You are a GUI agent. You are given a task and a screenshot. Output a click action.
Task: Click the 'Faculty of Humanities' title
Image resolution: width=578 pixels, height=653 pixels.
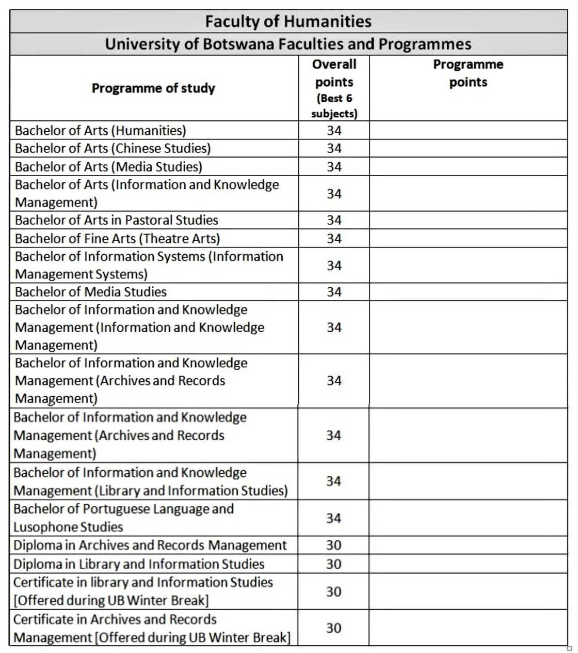click(x=288, y=21)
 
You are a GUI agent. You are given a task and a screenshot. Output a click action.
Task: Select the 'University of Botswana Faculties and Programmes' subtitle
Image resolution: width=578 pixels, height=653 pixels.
click(x=288, y=44)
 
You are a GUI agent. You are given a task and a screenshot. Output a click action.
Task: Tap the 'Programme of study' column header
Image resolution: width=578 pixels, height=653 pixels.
click(x=153, y=88)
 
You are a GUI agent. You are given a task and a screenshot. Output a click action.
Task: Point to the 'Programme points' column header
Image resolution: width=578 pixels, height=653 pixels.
click(x=468, y=73)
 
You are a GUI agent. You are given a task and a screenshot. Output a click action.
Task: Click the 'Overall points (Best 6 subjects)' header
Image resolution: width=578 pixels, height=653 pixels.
click(x=334, y=88)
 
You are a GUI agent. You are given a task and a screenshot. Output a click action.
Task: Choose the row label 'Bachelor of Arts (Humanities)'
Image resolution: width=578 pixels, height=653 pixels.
click(x=101, y=131)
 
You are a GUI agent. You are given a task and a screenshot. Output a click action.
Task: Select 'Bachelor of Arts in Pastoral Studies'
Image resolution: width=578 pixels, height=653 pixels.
click(x=117, y=220)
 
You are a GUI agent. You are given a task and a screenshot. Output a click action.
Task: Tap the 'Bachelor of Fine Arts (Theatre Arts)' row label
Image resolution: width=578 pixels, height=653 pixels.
click(x=118, y=239)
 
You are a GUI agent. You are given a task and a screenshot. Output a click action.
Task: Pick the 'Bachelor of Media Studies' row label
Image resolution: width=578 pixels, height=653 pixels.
click(x=91, y=292)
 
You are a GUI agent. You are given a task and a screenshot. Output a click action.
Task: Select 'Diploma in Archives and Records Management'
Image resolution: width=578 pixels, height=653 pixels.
click(x=150, y=546)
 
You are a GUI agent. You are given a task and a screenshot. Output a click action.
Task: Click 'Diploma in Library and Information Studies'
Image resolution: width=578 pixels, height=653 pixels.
click(x=139, y=564)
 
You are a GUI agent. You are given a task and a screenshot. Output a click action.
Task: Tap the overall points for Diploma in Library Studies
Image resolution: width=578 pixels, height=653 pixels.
click(x=334, y=564)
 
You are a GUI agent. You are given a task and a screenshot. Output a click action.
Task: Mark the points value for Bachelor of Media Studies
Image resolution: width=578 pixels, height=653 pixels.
click(x=334, y=292)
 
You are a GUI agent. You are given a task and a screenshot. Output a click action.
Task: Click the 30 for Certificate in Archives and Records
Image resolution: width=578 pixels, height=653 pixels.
click(x=334, y=628)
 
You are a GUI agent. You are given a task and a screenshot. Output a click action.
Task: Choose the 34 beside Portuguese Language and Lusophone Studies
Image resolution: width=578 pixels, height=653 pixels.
click(x=334, y=518)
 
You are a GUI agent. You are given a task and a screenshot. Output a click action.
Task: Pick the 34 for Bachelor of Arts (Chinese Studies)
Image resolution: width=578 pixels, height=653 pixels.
click(x=334, y=149)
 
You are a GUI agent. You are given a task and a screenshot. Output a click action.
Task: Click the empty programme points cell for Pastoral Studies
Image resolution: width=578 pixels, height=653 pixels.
click(x=468, y=220)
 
